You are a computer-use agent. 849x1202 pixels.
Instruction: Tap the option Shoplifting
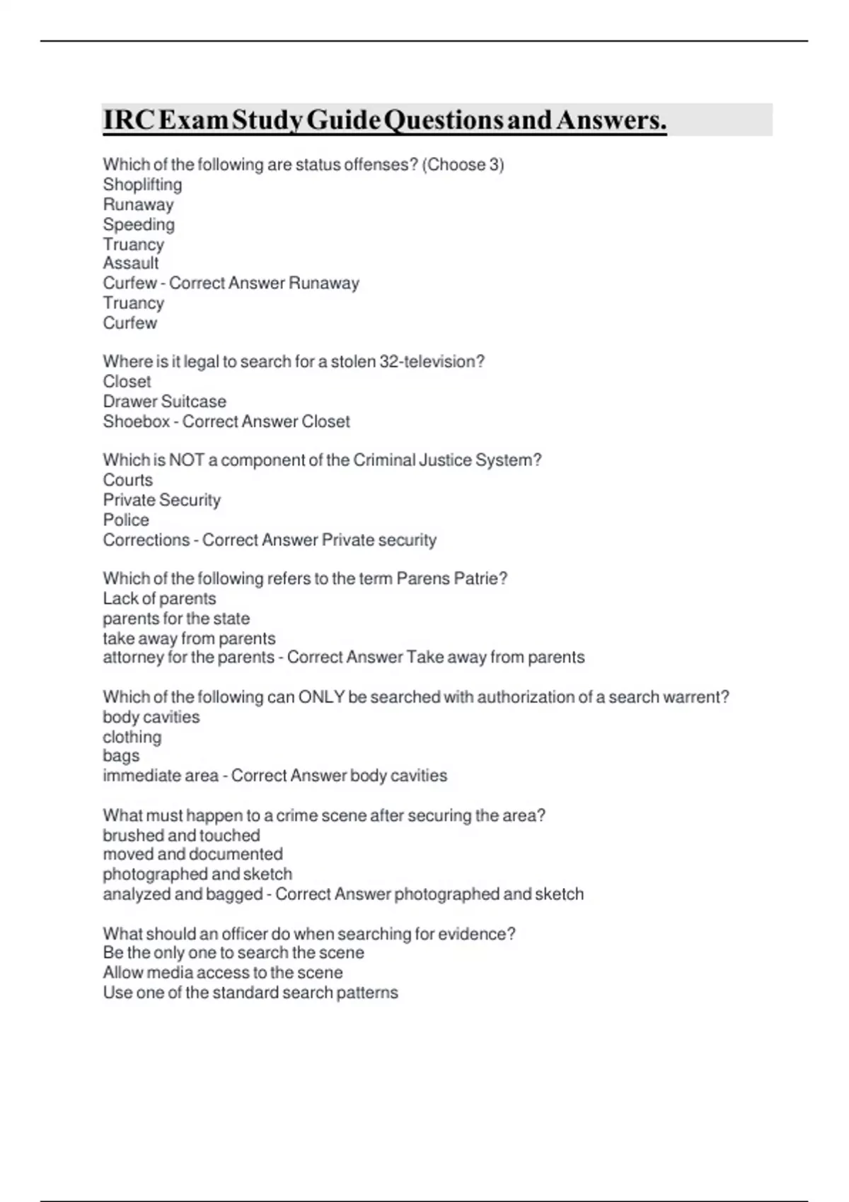[x=142, y=185]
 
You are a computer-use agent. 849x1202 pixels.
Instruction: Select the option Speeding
[x=139, y=224]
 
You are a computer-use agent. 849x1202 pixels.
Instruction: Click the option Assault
[x=131, y=263]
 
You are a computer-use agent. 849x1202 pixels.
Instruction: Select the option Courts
[x=127, y=480]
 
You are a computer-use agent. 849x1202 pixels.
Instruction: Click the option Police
[x=126, y=520]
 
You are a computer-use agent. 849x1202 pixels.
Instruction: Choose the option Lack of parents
[x=159, y=598]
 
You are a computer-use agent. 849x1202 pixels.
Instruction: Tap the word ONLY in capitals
[x=321, y=697]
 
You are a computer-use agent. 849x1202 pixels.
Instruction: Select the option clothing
[x=132, y=737]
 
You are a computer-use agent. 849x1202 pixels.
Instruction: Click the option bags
[x=121, y=756]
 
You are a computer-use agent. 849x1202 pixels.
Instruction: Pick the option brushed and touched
[x=181, y=835]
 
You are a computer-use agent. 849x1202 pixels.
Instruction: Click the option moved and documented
[x=192, y=854]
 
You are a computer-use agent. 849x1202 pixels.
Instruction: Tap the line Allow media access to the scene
[x=222, y=972]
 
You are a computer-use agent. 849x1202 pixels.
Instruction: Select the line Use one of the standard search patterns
[x=250, y=992]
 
